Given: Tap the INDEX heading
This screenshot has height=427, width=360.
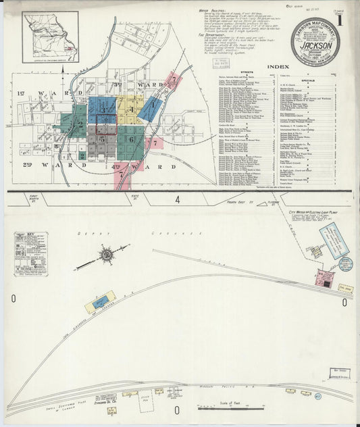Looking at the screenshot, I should [x=280, y=67].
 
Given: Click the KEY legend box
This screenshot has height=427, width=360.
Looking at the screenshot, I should [x=30, y=253].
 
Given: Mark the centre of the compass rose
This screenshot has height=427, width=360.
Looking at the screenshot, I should [x=106, y=255].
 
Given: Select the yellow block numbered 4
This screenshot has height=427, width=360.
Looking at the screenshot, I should [x=128, y=108].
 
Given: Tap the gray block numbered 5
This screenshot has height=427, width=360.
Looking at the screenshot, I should [x=102, y=139].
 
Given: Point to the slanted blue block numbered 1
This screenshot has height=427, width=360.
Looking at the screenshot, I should [x=153, y=105].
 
